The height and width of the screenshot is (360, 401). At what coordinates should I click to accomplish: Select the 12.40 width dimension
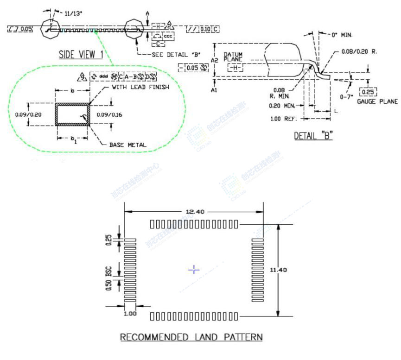(195, 211)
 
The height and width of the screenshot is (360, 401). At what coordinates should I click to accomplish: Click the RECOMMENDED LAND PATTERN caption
(191, 337)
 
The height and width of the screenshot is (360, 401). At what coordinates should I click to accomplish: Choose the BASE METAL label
(127, 145)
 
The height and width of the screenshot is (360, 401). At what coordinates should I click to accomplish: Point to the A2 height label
(214, 60)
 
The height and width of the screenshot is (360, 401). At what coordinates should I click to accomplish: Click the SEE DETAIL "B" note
(176, 55)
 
